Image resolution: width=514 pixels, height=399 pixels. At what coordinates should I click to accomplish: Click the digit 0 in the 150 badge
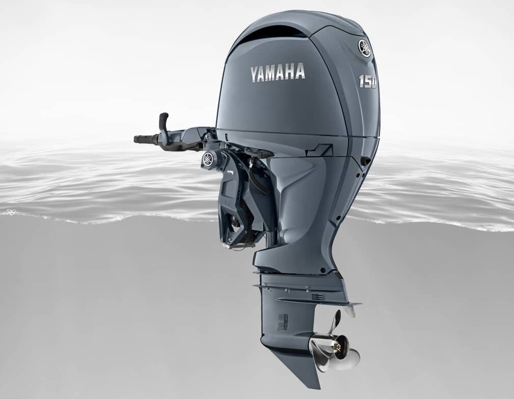click(x=374, y=83)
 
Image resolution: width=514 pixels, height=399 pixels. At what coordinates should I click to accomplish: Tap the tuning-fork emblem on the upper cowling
click(x=364, y=48)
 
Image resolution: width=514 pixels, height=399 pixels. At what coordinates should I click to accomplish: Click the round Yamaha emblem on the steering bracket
click(x=208, y=159)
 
